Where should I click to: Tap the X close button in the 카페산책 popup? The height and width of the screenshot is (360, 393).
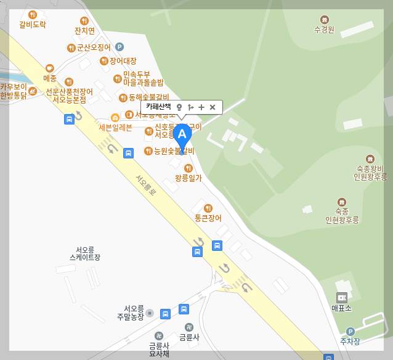(213, 107)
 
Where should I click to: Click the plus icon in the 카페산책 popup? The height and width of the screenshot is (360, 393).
(201, 107)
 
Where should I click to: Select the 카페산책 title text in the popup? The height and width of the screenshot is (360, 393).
(158, 107)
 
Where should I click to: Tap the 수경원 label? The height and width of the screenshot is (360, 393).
(324, 29)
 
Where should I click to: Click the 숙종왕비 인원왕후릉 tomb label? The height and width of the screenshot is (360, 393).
(369, 173)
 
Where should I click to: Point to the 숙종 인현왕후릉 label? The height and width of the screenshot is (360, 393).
(342, 215)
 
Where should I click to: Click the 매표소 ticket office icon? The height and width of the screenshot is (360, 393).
(341, 298)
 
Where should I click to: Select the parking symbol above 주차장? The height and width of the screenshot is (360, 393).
(350, 331)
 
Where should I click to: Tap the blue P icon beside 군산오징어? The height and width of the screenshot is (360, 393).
(120, 46)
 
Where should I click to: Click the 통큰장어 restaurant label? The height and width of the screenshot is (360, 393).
(208, 218)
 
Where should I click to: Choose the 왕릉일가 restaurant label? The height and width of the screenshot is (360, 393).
(188, 178)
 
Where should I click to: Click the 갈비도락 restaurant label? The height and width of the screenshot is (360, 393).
(32, 25)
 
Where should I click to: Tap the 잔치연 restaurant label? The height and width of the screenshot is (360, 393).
(84, 30)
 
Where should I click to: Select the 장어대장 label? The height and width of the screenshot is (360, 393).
(123, 61)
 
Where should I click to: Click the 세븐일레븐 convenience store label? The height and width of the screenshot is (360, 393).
(115, 127)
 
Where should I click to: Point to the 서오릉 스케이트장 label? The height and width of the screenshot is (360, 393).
(85, 253)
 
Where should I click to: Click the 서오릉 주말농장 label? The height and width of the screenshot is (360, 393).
(131, 313)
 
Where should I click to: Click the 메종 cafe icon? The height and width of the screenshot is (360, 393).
(50, 68)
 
